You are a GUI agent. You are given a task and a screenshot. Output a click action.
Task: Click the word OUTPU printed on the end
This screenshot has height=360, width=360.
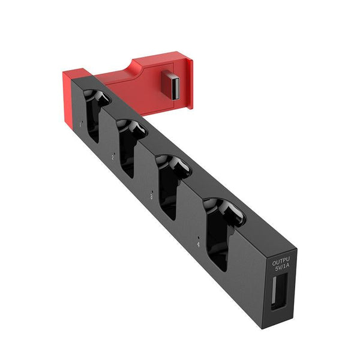tap(281, 262)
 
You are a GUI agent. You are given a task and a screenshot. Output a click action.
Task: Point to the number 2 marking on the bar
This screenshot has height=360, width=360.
tap(113, 157)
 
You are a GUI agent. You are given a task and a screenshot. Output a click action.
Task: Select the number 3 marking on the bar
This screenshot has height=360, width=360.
tap(151, 195)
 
